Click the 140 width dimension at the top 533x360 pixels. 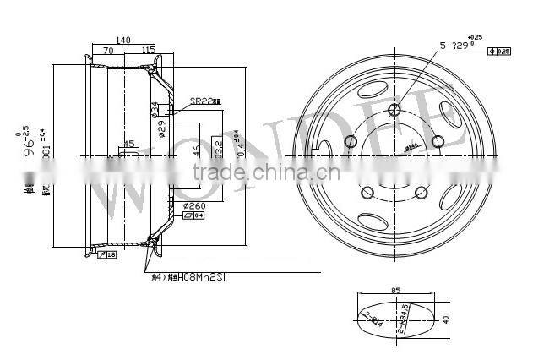[124, 41]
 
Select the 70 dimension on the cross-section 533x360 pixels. [109, 52]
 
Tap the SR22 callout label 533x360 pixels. [200, 100]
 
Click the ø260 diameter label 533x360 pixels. [193, 206]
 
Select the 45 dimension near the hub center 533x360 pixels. [128, 144]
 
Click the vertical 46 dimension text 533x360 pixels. [197, 152]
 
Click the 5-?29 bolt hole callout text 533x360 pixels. [457, 45]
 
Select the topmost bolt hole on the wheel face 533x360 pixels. [394, 110]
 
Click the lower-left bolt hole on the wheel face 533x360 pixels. [367, 194]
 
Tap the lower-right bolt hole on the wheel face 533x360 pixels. [422, 194]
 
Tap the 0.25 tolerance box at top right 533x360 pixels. [502, 52]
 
